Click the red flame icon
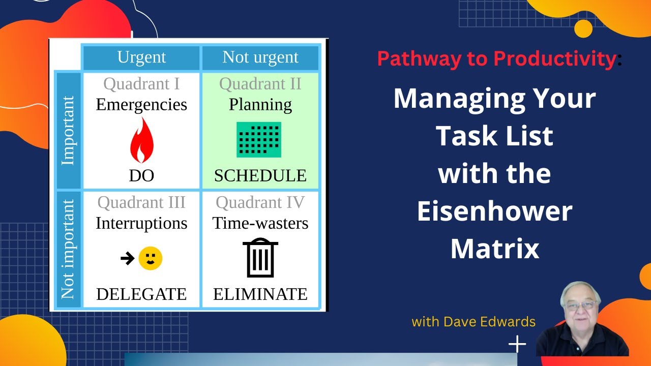pyautogui.click(x=141, y=140)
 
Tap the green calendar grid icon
pyautogui.click(x=259, y=140)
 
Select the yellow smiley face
pyautogui.click(x=151, y=259)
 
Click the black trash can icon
pyautogui.click(x=260, y=258)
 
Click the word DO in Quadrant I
pyautogui.click(x=141, y=176)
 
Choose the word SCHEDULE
pyautogui.click(x=260, y=176)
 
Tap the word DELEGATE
pyautogui.click(x=141, y=294)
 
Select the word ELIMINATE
pyautogui.click(x=260, y=294)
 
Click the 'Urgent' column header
pyautogui.click(x=141, y=57)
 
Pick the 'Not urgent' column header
pyautogui.click(x=260, y=57)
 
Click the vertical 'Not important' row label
pyautogui.click(x=68, y=249)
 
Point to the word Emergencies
pyautogui.click(x=141, y=105)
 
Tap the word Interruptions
pyautogui.click(x=141, y=224)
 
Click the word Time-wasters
pyautogui.click(x=260, y=224)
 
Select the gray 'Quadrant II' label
pyautogui.click(x=260, y=84)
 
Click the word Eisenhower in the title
pyautogui.click(x=494, y=211)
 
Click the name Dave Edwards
pyautogui.click(x=489, y=322)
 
